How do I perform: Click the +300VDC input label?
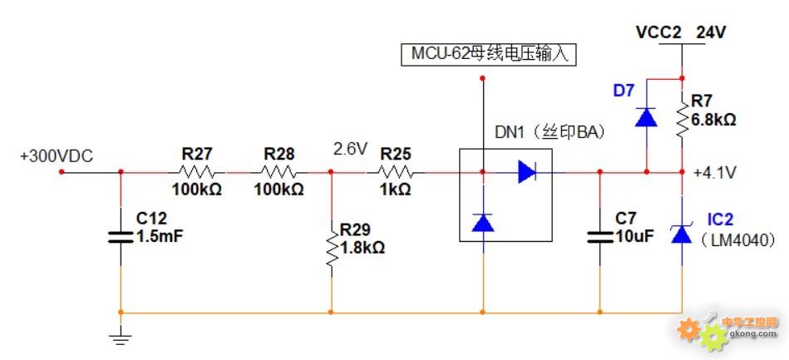pyautogui.click(x=56, y=156)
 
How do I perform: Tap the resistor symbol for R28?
pyautogui.click(x=279, y=173)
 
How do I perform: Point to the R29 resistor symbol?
pyautogui.click(x=332, y=247)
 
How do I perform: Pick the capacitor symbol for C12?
pyautogui.click(x=121, y=236)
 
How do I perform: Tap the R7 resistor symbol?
pyautogui.click(x=682, y=119)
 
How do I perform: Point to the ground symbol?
pyautogui.click(x=121, y=336)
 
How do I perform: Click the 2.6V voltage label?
pyautogui.click(x=350, y=149)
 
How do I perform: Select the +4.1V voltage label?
pyautogui.click(x=713, y=173)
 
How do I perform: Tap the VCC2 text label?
pyautogui.click(x=658, y=32)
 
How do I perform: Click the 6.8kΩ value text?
pyautogui.click(x=713, y=120)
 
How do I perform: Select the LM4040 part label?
pyautogui.click(x=738, y=239)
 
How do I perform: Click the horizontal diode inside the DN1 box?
pyautogui.click(x=526, y=172)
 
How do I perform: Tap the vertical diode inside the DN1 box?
pyautogui.click(x=483, y=222)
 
